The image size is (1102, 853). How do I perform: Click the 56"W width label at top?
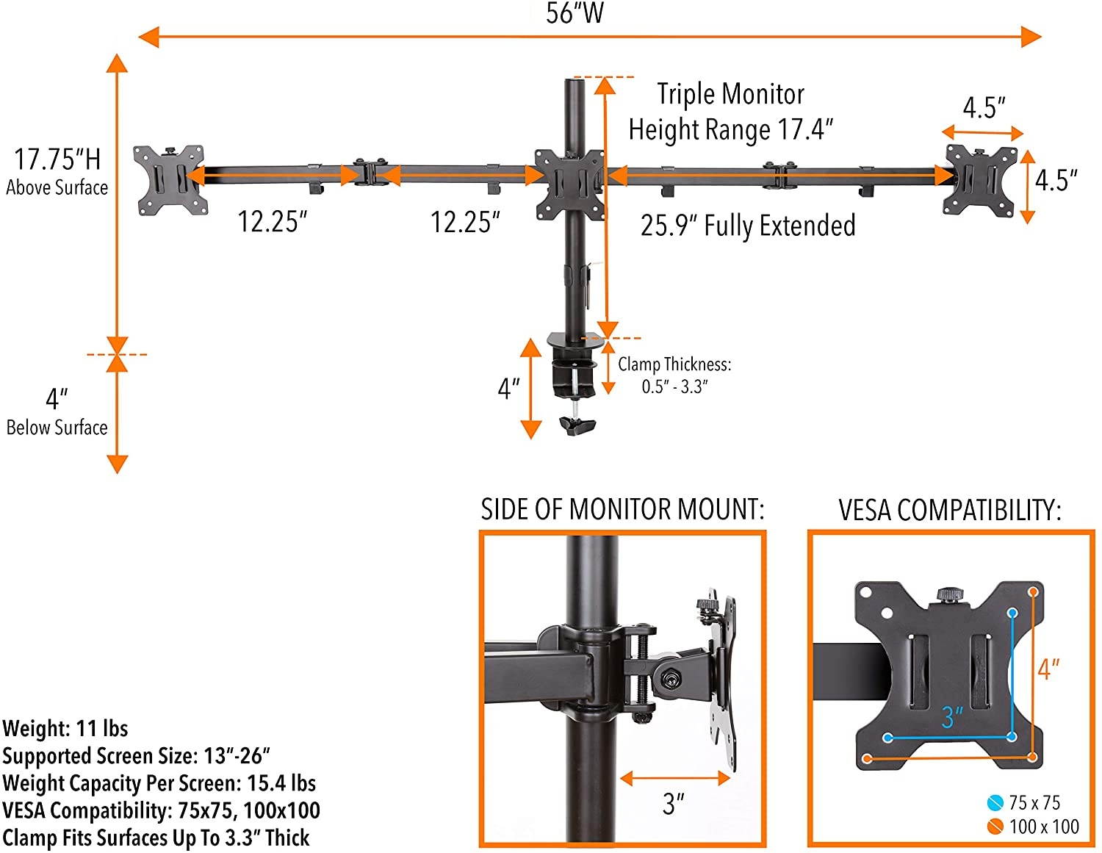[x=574, y=13]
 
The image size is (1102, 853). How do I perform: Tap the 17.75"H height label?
[x=57, y=159]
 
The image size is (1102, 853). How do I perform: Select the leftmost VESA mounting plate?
[x=169, y=180]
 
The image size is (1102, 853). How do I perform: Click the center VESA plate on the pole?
[x=569, y=184]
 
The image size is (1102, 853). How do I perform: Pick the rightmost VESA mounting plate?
[x=980, y=180]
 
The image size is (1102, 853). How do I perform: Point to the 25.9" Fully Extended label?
[x=747, y=226]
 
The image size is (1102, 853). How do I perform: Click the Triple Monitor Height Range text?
[x=730, y=112]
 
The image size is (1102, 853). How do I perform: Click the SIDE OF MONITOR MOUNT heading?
[x=622, y=509]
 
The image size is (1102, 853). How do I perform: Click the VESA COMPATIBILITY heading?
[x=950, y=509]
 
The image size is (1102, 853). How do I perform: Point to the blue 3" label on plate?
[x=952, y=716]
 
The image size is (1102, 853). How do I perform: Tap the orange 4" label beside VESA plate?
[x=1048, y=669]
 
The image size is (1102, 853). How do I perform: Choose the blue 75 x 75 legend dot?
[x=995, y=802]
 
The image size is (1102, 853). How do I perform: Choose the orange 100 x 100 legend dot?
[x=995, y=827]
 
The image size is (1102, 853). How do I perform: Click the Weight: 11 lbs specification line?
[x=65, y=729]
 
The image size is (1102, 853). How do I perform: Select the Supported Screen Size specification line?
[x=136, y=756]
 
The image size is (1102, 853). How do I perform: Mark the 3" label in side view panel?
[x=673, y=803]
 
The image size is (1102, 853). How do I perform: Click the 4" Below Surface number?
[x=57, y=399]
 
